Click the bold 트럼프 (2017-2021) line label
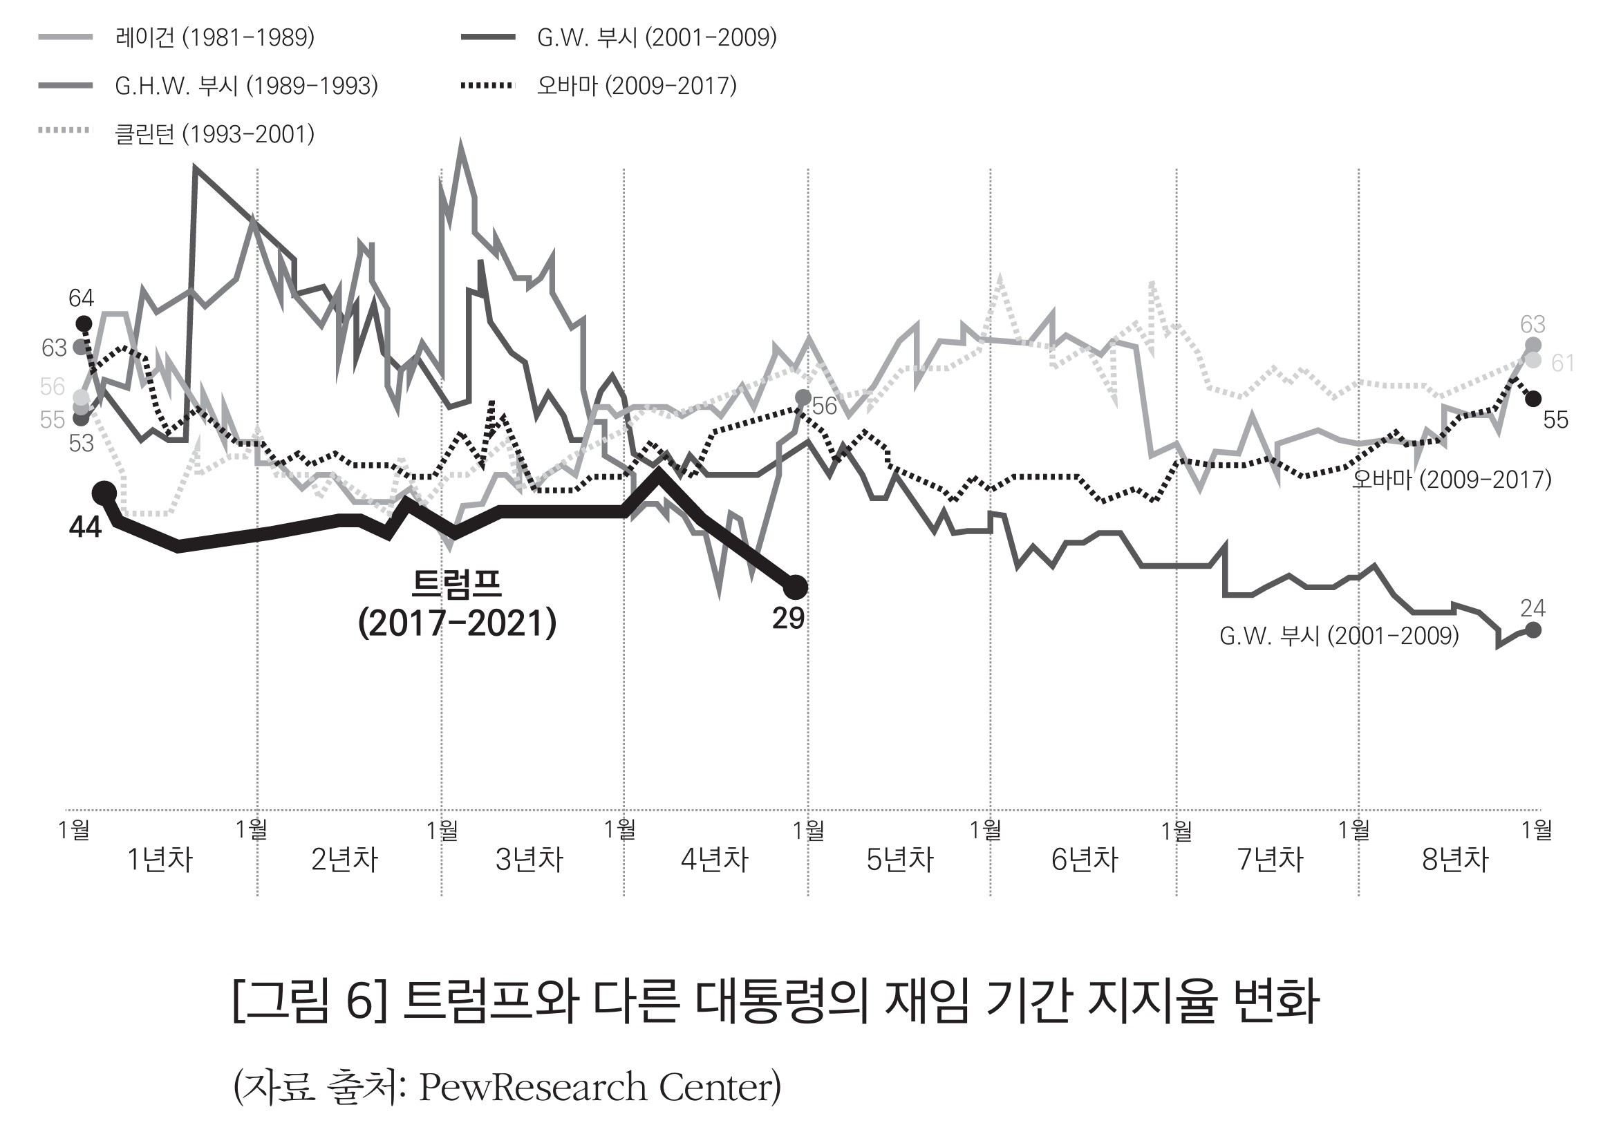(457, 603)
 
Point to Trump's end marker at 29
(796, 585)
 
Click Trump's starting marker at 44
(104, 493)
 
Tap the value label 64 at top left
(81, 299)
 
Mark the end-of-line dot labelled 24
(1533, 630)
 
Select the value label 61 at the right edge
(1563, 363)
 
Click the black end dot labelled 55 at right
(1533, 399)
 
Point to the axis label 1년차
(160, 860)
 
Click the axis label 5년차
(899, 860)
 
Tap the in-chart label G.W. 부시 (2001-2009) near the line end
(1339, 636)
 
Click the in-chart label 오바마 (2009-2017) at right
(1451, 480)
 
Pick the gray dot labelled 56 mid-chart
(803, 398)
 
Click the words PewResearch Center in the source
(599, 1087)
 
